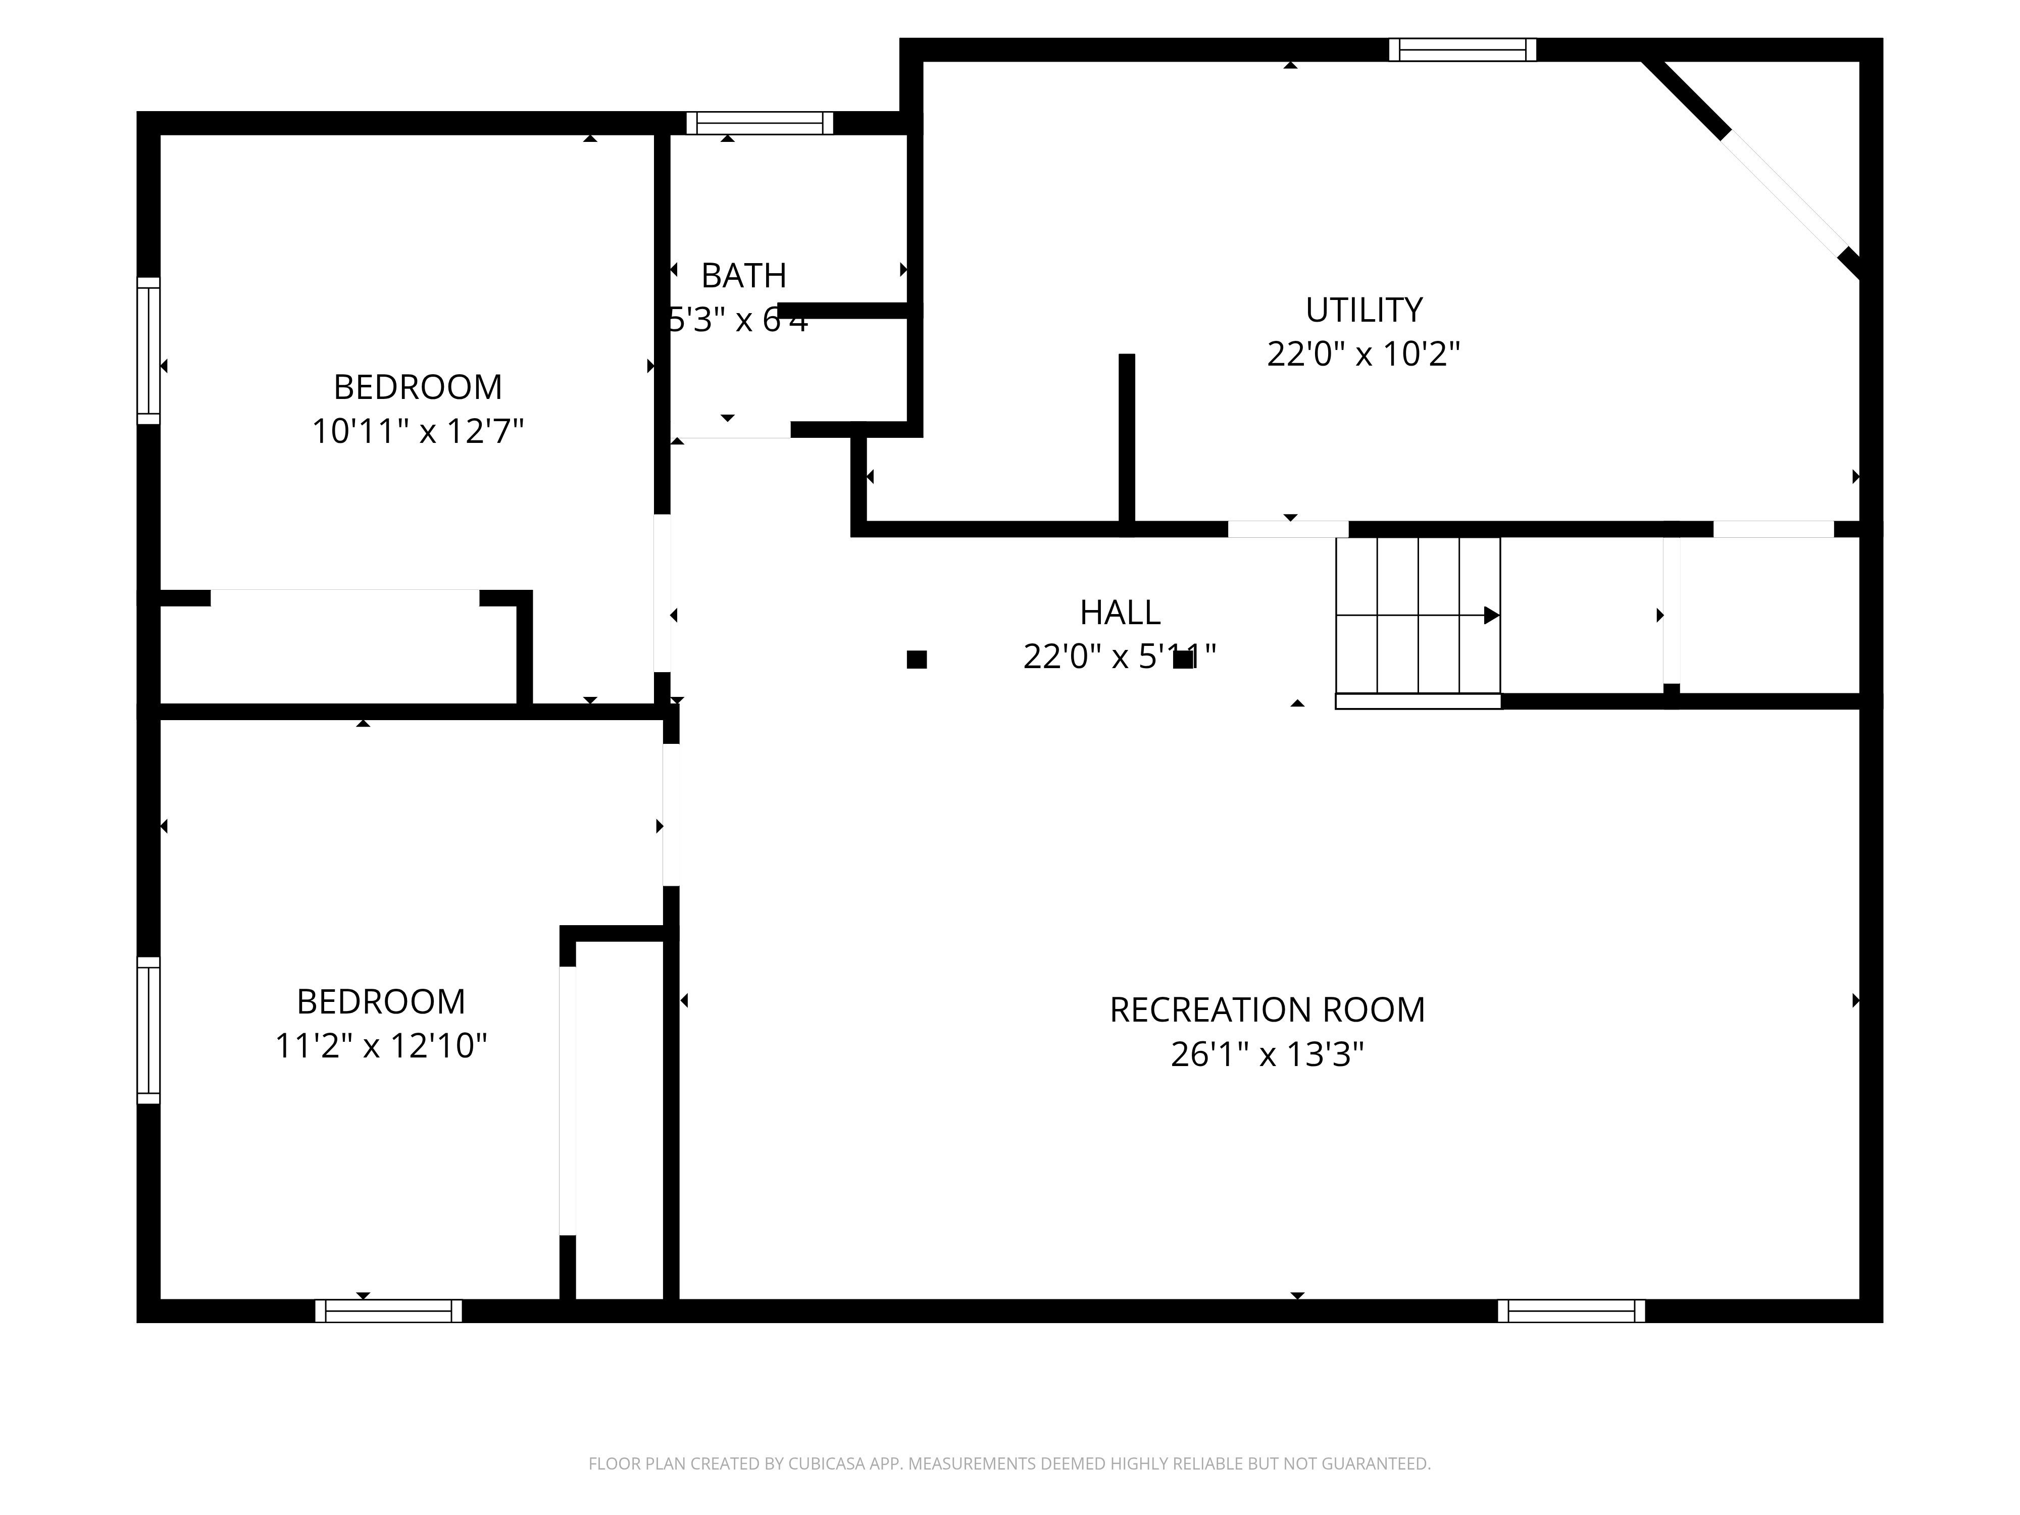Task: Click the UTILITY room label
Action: (x=1363, y=311)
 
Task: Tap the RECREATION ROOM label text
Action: (x=1267, y=1010)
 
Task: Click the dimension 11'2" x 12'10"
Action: (x=381, y=1046)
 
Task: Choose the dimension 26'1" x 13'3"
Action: (x=1267, y=1055)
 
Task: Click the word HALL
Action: (x=1120, y=613)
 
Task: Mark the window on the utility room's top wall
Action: (x=1462, y=49)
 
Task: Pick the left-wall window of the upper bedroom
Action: (x=148, y=350)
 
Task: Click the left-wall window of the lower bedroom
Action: (x=148, y=1030)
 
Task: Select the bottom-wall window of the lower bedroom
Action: (x=388, y=1310)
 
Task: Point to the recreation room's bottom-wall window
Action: (x=1571, y=1310)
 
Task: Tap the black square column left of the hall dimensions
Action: (x=917, y=660)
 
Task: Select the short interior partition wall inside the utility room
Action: (x=1127, y=438)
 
